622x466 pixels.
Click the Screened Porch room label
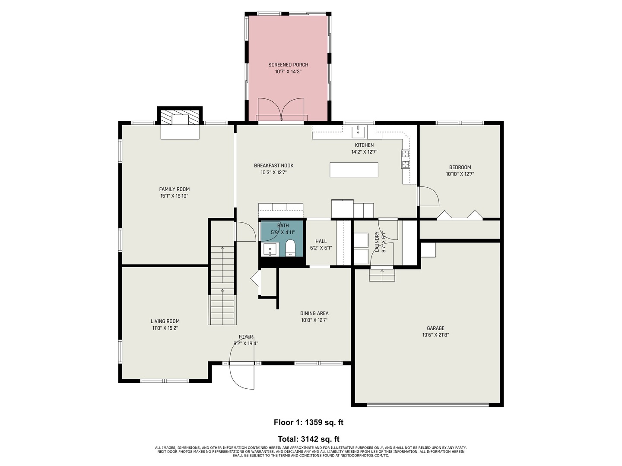pos(288,65)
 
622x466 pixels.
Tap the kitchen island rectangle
pos(354,170)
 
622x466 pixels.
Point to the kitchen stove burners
pos(405,159)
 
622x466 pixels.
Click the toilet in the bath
pos(290,248)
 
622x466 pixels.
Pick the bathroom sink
pos(270,249)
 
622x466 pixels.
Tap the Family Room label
pos(174,189)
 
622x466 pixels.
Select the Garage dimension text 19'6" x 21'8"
pos(435,335)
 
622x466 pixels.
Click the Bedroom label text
pos(460,167)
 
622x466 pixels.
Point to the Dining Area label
pos(314,313)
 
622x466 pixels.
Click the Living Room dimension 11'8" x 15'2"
pos(165,328)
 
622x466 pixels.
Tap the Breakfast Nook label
pos(273,166)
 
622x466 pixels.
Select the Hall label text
pos(321,241)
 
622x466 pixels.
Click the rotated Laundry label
pos(377,242)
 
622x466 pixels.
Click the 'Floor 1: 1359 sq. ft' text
pos(308,422)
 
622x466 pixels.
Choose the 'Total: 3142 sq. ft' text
pos(308,439)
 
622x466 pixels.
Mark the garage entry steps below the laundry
pos(382,275)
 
